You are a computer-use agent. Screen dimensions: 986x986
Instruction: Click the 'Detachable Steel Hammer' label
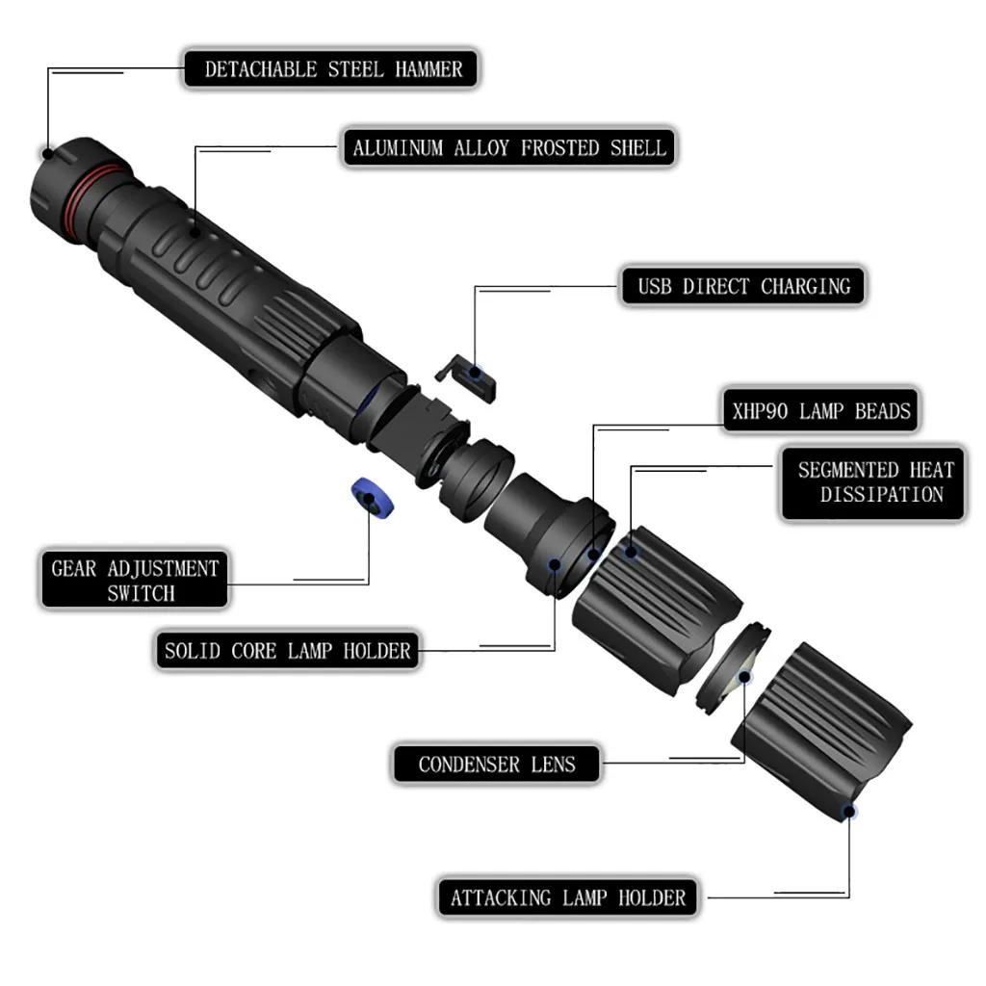(x=333, y=69)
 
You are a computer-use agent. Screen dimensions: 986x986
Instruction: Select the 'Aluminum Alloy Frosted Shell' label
(x=508, y=148)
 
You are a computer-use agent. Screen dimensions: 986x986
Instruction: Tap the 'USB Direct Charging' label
(x=744, y=286)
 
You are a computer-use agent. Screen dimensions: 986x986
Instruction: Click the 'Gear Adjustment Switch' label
(x=135, y=580)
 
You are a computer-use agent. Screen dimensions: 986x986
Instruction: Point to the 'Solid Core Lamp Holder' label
(x=287, y=651)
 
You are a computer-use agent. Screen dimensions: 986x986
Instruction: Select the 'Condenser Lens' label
(x=496, y=765)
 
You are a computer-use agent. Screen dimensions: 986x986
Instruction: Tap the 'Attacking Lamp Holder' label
(x=568, y=898)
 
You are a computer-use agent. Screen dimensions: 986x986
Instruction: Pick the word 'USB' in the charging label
(x=657, y=286)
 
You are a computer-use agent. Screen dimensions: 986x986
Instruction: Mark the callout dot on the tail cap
(x=47, y=152)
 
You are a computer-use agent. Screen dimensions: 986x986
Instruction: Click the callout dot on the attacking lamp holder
(x=848, y=811)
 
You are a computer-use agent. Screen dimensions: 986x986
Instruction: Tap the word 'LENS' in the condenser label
(x=553, y=765)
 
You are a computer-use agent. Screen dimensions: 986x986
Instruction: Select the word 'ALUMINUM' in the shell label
(x=398, y=148)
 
